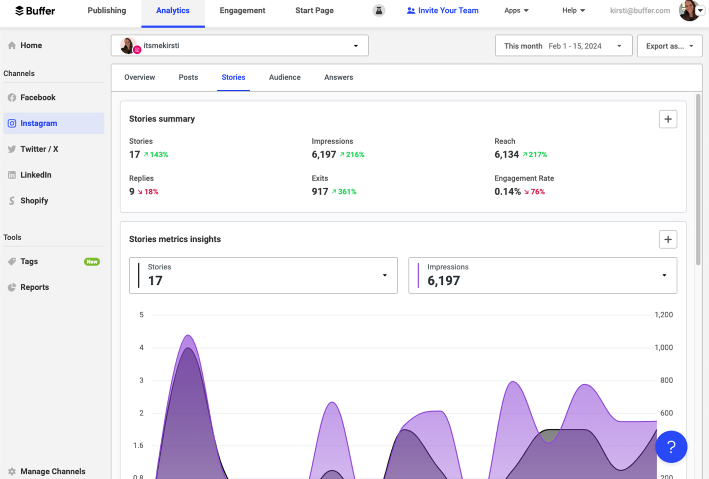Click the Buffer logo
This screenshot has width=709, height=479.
pos(35,11)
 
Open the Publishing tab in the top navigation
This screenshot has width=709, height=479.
pos(106,11)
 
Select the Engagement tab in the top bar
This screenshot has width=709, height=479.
pos(242,11)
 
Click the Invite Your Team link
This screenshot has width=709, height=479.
pos(442,11)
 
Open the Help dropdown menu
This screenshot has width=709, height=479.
pos(573,11)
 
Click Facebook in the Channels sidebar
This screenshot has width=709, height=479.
pos(38,98)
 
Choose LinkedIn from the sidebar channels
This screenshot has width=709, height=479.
pos(35,175)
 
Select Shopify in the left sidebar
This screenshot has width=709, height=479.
pos(34,200)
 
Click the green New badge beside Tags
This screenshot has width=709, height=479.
pos(92,262)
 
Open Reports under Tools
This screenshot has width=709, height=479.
pos(34,287)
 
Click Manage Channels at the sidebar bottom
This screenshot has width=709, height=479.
pos(52,471)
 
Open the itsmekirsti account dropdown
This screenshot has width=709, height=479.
pos(239,46)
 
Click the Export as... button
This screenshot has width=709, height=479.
pos(669,46)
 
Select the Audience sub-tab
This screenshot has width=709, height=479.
pos(285,78)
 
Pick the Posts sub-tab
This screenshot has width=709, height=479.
pos(188,78)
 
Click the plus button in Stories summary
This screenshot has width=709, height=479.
pos(668,119)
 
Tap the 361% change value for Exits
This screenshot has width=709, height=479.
pos(347,192)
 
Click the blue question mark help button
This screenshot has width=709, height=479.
pos(671,447)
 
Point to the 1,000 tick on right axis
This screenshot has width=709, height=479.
pos(663,347)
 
